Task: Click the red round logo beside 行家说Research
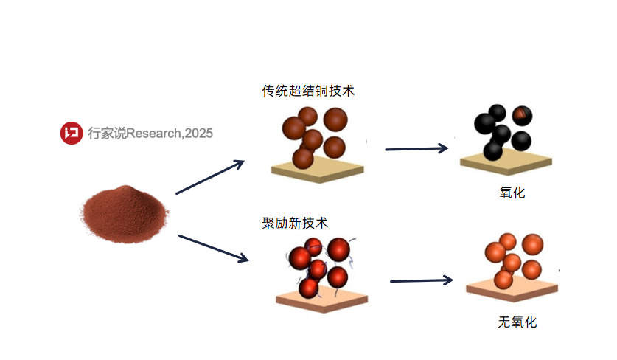click(72, 133)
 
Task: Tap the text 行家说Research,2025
click(150, 133)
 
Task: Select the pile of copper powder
click(125, 214)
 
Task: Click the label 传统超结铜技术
click(308, 91)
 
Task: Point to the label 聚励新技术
click(295, 223)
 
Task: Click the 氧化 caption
click(512, 193)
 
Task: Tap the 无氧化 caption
click(517, 322)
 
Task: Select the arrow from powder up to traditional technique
click(210, 177)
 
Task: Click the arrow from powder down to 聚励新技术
click(213, 249)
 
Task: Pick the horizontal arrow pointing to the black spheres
click(416, 148)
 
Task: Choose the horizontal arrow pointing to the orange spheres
click(422, 280)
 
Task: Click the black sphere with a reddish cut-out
click(522, 115)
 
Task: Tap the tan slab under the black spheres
click(506, 162)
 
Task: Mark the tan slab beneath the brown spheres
click(318, 170)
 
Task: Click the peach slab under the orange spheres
click(512, 290)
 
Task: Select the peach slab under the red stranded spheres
click(322, 300)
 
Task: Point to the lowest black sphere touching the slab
click(492, 150)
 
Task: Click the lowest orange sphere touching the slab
click(503, 280)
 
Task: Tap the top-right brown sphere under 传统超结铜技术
click(335, 120)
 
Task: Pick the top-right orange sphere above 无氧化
click(533, 244)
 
